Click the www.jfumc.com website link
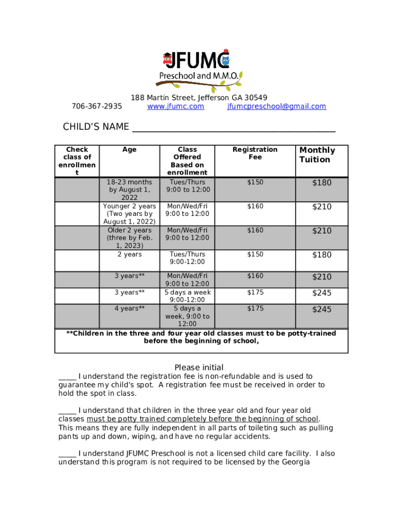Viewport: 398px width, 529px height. [176, 106]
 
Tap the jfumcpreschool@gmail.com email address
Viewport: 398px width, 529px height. [277, 106]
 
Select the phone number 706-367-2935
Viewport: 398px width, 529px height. [97, 106]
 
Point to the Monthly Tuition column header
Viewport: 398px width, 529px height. [317, 155]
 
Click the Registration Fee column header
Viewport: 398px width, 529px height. [255, 153]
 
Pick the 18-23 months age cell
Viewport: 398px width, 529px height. [129, 190]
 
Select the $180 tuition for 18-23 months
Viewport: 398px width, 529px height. [322, 183]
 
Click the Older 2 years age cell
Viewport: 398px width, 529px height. [129, 238]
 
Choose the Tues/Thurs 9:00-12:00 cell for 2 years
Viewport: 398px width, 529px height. [187, 258]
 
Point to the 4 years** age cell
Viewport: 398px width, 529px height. [129, 308]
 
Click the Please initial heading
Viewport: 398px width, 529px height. [199, 367]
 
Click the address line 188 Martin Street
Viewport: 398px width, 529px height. [199, 98]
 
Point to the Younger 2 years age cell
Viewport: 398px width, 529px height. [129, 214]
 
